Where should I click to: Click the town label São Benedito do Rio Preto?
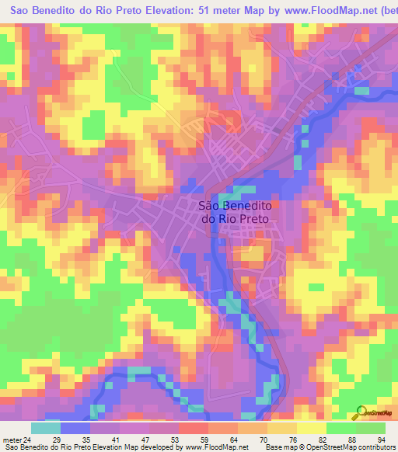coord(235,212)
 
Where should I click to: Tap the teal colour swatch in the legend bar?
coord(46,428)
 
